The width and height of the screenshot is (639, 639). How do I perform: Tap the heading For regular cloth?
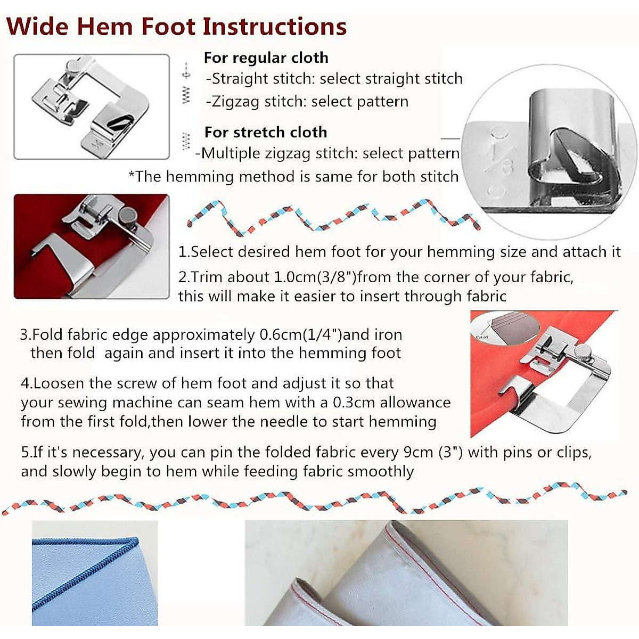[266, 58]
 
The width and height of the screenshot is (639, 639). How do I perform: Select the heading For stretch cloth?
[265, 132]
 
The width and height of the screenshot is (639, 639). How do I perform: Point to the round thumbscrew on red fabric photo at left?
[127, 216]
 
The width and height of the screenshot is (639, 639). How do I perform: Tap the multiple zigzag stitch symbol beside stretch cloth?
[186, 141]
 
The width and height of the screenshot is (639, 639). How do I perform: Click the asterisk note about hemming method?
[293, 177]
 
